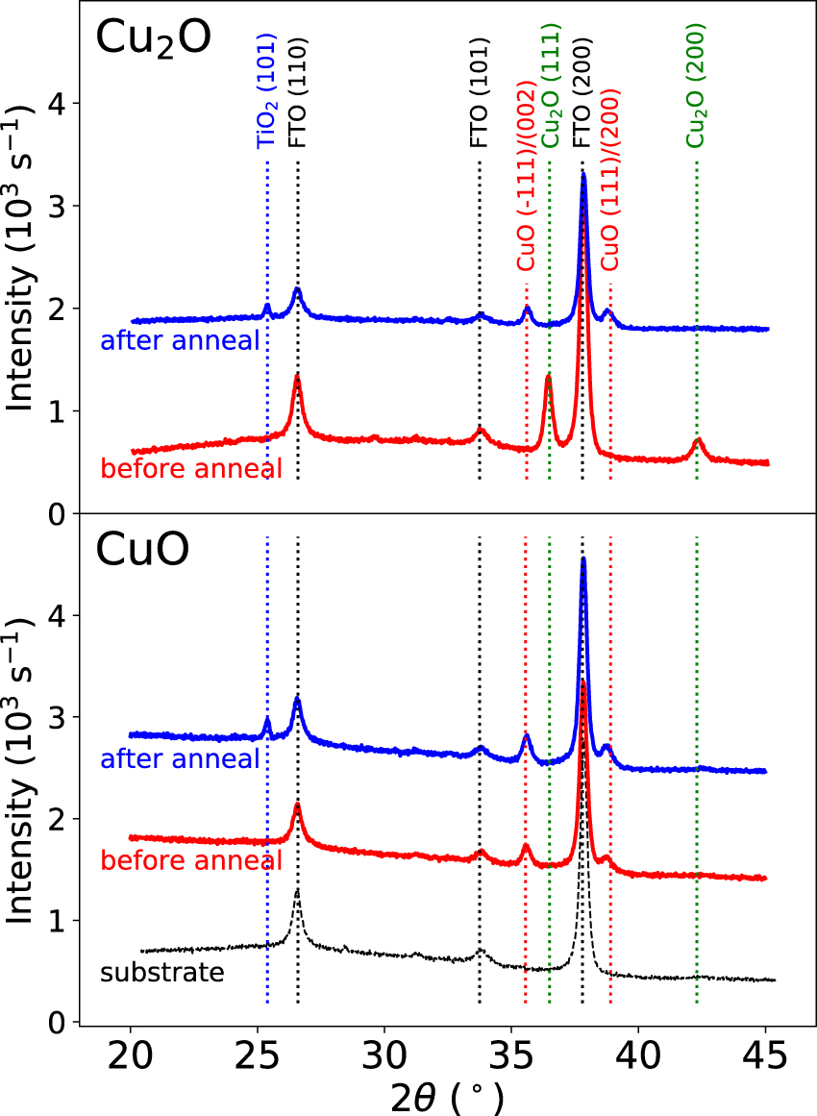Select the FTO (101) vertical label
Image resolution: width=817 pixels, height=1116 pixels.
point(479,93)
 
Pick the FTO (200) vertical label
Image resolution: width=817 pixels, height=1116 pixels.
point(582,93)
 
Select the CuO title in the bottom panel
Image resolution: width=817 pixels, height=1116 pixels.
point(141,551)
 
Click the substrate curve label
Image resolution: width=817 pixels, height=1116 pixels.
point(161,973)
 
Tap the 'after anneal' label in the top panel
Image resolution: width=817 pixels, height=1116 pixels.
point(180,340)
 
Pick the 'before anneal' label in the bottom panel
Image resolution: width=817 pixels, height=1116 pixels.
point(191,859)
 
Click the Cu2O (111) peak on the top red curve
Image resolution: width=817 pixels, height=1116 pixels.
point(548,377)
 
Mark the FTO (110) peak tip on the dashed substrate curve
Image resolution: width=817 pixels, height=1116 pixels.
point(297,890)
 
